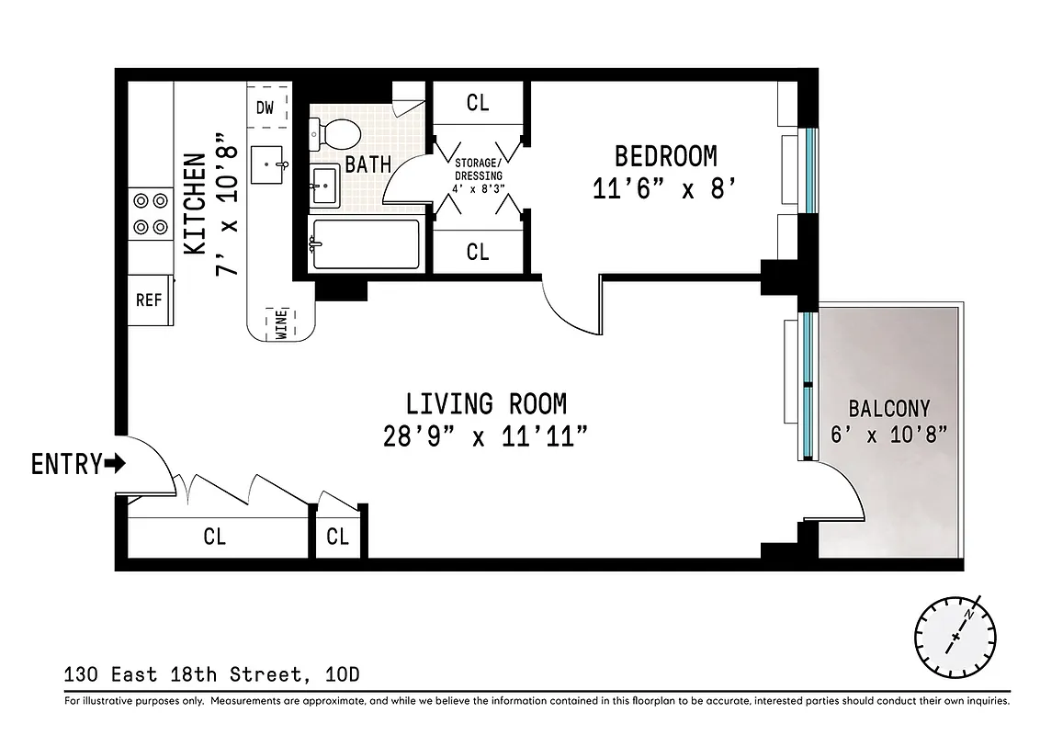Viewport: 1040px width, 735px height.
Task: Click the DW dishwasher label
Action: [265, 107]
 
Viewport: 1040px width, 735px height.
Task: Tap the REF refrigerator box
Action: [149, 300]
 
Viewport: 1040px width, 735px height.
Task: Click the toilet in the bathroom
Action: [336, 134]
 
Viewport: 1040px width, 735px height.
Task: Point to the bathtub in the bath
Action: [367, 244]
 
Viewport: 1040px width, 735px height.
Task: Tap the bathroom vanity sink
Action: [324, 187]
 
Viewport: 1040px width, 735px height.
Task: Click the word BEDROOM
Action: [665, 155]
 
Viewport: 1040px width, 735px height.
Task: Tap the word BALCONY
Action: [888, 408]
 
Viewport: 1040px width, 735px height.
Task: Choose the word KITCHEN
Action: [195, 204]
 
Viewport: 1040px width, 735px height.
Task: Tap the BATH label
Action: [367, 165]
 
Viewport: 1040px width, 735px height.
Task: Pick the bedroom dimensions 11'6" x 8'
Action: [665, 188]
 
